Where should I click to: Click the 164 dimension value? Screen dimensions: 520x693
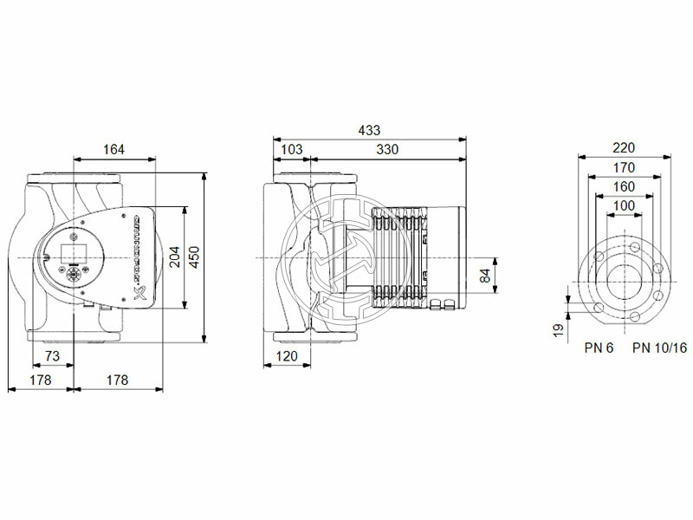click(113, 149)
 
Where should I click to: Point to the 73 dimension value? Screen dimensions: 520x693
click(52, 356)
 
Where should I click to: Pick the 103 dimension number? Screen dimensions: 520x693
click(292, 149)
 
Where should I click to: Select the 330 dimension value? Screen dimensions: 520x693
click(387, 149)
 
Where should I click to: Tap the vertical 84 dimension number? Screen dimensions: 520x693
click(485, 276)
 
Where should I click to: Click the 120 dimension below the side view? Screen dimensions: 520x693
click(287, 356)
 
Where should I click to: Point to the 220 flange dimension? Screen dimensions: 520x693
click(623, 148)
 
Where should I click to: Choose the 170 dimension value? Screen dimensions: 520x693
click(623, 167)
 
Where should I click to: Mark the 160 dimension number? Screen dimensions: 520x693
click(623, 186)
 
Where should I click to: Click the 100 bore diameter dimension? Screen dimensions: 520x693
click(623, 205)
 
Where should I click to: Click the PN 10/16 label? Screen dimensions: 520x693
click(659, 348)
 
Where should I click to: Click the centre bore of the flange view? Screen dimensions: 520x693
click(623, 283)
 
